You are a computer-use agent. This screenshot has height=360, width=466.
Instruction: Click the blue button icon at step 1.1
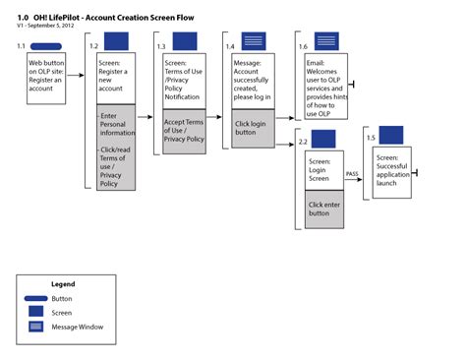click(45, 46)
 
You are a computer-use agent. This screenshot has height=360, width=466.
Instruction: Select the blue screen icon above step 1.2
click(116, 41)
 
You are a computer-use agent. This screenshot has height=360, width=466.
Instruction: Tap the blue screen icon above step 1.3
click(185, 41)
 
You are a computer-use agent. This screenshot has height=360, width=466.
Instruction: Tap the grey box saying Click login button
click(254, 128)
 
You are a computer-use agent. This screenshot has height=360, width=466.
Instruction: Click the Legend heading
click(64, 283)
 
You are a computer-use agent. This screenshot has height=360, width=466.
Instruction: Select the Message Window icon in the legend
click(35, 327)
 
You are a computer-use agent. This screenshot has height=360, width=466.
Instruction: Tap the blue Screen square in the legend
click(35, 312)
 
